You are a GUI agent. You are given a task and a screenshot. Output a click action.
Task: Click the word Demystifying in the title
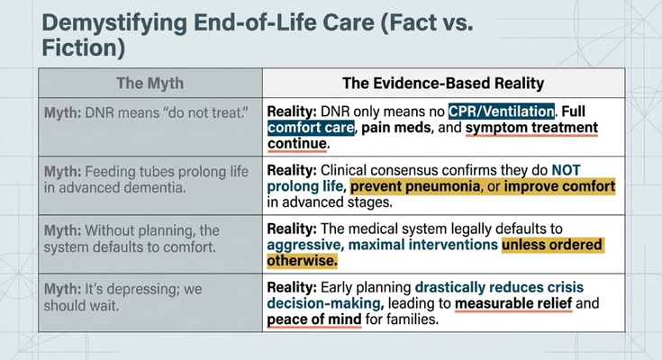pos(114,23)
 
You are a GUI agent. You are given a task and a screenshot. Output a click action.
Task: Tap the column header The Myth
pos(150,83)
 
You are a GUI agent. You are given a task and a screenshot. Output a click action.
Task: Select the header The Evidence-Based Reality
pos(443,83)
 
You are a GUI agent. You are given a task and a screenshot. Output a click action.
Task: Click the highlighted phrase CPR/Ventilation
pos(501,111)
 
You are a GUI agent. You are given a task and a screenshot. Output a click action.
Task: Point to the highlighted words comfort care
pos(311,128)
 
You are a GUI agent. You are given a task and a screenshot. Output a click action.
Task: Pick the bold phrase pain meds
pos(396,128)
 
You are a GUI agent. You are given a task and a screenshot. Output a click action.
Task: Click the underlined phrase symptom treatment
pos(531,128)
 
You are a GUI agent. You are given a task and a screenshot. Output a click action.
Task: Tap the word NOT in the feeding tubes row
pos(567,170)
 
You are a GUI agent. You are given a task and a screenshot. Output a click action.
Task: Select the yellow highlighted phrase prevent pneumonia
pos(415,186)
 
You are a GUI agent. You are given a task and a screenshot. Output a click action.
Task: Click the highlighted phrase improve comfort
pos(559,186)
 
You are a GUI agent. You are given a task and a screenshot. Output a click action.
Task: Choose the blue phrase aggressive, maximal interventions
pos(383,245)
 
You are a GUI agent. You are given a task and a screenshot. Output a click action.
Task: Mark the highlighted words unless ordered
pos(553,245)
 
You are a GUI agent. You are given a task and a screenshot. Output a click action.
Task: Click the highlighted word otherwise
pos(303,261)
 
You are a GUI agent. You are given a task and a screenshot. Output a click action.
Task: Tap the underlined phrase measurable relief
pos(513,303)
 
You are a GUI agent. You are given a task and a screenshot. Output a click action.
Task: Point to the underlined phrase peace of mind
pos(314,319)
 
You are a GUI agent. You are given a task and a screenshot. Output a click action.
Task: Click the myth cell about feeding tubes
pos(150,185)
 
